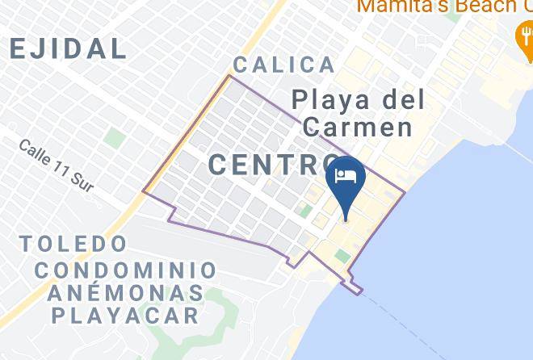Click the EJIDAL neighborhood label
pos(68,48)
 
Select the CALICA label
pos(283,65)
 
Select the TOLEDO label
pos(74,244)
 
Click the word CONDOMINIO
pos(131,270)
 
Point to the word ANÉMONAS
pos(125,292)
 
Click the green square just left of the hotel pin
pos(305,211)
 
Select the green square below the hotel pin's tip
pos(342,257)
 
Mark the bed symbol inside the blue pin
pos(346,177)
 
